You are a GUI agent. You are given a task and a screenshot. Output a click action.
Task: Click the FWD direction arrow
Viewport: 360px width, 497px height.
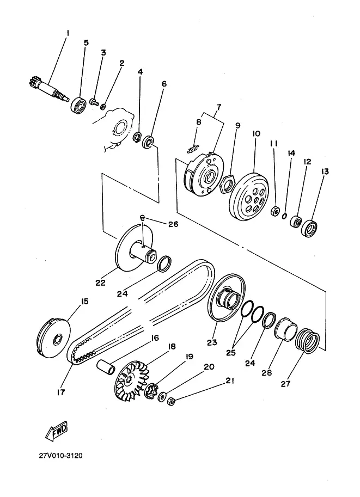pyautogui.click(x=57, y=430)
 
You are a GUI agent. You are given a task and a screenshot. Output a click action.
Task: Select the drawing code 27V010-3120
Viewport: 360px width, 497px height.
pyautogui.click(x=60, y=456)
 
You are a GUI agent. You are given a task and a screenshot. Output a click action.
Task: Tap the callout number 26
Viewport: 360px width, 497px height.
pyautogui.click(x=173, y=224)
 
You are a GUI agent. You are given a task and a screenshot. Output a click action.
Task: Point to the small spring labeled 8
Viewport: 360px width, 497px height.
pyautogui.click(x=193, y=149)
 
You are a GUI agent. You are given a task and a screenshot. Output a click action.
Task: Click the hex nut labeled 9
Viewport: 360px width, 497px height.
pyautogui.click(x=228, y=185)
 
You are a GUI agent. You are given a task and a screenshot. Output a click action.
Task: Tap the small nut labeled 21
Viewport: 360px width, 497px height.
pyautogui.click(x=171, y=402)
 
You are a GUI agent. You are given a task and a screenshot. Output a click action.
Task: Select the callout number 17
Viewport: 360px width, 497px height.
pyautogui.click(x=60, y=392)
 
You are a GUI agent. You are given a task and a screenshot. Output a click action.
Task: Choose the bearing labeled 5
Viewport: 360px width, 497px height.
pyautogui.click(x=78, y=105)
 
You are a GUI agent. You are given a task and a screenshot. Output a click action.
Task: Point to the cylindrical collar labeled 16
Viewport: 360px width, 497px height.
pyautogui.click(x=106, y=367)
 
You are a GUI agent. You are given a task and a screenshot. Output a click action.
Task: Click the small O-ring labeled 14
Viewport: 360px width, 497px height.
pyautogui.click(x=284, y=216)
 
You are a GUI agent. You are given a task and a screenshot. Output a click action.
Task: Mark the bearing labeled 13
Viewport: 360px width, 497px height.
pyautogui.click(x=309, y=228)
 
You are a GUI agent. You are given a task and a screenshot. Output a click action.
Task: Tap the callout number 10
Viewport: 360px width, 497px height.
pyautogui.click(x=257, y=133)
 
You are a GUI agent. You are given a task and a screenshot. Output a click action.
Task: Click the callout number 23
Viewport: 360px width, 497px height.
pyautogui.click(x=212, y=342)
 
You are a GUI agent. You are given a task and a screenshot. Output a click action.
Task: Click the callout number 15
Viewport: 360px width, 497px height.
pyautogui.click(x=84, y=301)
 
